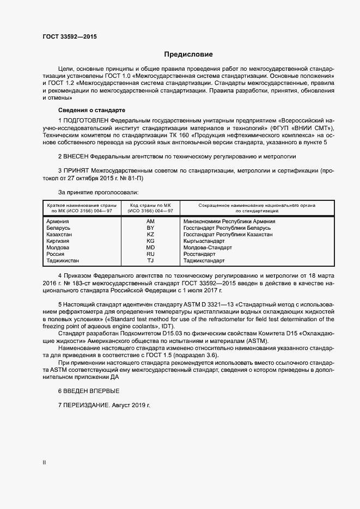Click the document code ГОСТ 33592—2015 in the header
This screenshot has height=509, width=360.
(x=69, y=37)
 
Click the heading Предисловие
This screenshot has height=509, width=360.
(x=188, y=54)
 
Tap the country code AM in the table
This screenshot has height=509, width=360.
(x=150, y=222)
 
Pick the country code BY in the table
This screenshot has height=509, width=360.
(x=150, y=228)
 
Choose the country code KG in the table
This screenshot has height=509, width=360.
(x=150, y=241)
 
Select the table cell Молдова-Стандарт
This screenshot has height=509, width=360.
(x=208, y=248)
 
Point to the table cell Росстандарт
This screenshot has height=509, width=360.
(x=199, y=254)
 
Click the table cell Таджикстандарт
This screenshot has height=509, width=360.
(x=204, y=261)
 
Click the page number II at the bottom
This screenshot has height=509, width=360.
(x=44, y=463)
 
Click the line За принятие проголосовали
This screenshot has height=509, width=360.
(x=98, y=192)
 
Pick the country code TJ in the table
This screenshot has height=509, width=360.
(x=150, y=261)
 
